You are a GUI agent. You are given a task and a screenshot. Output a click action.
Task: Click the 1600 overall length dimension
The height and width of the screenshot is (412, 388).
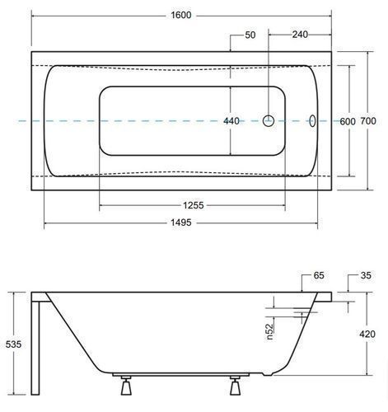tap(181, 15)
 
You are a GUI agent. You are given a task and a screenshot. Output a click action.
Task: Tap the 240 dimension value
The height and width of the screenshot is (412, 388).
tap(300, 35)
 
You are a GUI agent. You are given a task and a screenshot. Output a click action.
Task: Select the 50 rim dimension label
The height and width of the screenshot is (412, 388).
tap(250, 35)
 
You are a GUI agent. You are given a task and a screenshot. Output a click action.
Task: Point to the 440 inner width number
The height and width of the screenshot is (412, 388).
tap(231, 121)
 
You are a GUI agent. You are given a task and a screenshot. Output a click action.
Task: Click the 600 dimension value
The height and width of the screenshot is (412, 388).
tap(348, 121)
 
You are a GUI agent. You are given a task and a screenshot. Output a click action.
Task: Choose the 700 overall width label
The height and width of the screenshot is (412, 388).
tap(368, 120)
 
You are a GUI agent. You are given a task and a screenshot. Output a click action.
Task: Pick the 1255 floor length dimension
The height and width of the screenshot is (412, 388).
tap(194, 205)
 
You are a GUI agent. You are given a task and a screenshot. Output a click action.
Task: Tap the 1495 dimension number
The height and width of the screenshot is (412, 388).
tap(181, 222)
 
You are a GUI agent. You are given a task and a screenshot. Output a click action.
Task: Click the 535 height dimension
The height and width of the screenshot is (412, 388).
tap(13, 344)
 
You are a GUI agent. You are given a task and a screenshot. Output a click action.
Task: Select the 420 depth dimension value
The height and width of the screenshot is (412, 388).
tap(367, 334)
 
